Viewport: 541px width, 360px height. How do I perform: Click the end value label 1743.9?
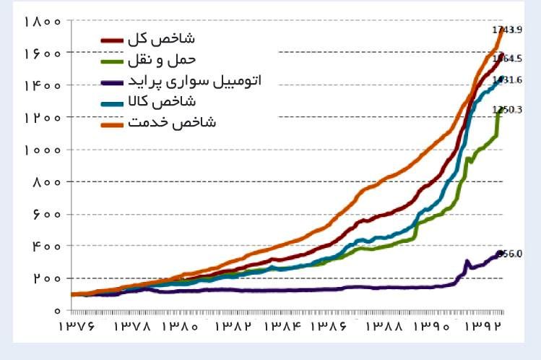[x=507, y=30]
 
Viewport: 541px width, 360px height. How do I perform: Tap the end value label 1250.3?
[x=508, y=110]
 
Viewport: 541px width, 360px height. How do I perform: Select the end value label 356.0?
[x=508, y=254]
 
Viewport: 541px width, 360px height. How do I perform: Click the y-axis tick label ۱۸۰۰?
[x=41, y=21]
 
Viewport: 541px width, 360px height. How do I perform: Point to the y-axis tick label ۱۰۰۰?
[x=41, y=150]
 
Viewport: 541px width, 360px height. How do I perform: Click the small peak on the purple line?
[x=467, y=261]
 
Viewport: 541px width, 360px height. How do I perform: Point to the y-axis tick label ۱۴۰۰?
[x=41, y=85]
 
